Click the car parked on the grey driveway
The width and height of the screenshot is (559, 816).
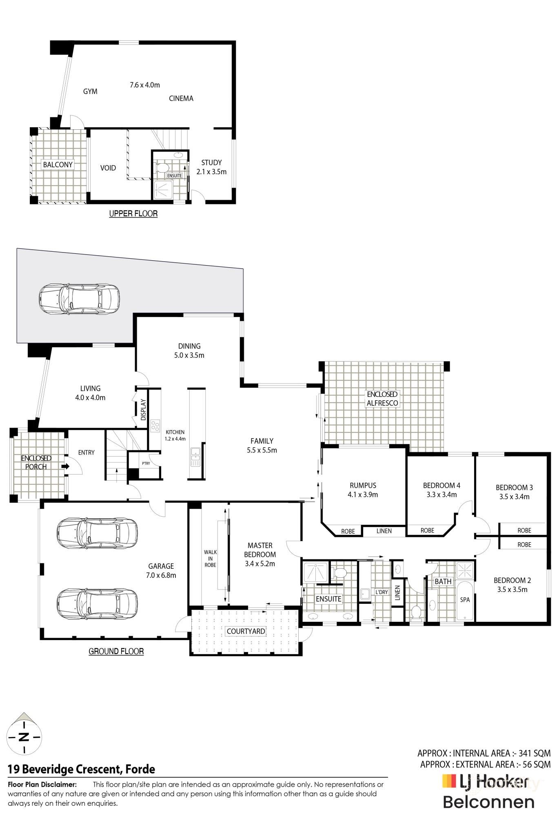pos(79,299)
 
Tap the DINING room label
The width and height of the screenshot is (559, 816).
pos(189,346)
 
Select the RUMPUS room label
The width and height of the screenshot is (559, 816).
pos(363,485)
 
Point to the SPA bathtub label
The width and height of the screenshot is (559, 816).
pos(465,600)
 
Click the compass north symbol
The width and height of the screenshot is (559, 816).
pos(24,737)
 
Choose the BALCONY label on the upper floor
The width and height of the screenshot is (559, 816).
pos(58,164)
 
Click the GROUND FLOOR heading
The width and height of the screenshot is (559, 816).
pos(116,651)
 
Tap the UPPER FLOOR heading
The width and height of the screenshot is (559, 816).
pos(133,213)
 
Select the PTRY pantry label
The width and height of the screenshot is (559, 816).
pos(146,463)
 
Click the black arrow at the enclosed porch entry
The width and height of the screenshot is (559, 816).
pos(65,466)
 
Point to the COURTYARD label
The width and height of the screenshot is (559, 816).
pos(246,631)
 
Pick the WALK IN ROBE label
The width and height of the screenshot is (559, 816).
pos(210,559)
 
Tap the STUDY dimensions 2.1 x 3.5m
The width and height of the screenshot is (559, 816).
pos(211,172)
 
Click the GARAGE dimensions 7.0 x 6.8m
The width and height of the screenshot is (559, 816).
pos(161,575)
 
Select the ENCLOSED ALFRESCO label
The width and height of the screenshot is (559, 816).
pos(382,399)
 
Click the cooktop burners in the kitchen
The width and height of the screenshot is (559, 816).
pos(155,426)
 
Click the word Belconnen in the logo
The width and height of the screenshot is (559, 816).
pos(488,802)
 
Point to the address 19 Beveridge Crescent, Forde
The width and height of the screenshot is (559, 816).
pos(82,769)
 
